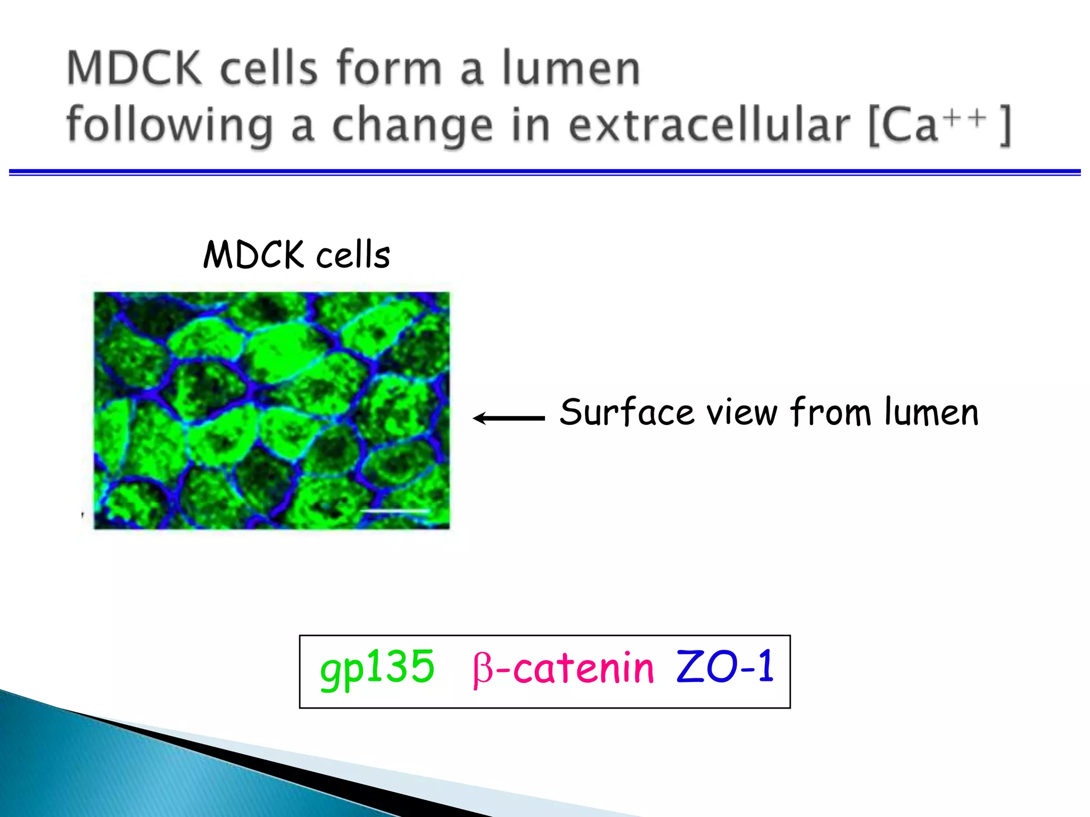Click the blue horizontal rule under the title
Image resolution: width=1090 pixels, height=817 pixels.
click(545, 172)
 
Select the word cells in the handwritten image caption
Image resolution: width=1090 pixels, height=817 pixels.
click(353, 255)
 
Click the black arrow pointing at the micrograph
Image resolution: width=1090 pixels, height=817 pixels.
click(508, 418)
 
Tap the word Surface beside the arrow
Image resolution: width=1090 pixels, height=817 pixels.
click(627, 413)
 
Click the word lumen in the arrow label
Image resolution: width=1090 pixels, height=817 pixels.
click(931, 412)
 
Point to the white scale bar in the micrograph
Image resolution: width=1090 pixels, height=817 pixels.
click(395, 511)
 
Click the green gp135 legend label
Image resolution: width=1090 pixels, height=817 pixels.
click(377, 668)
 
